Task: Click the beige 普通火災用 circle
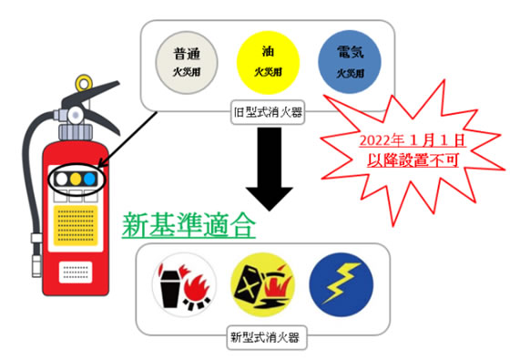click(184, 59)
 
